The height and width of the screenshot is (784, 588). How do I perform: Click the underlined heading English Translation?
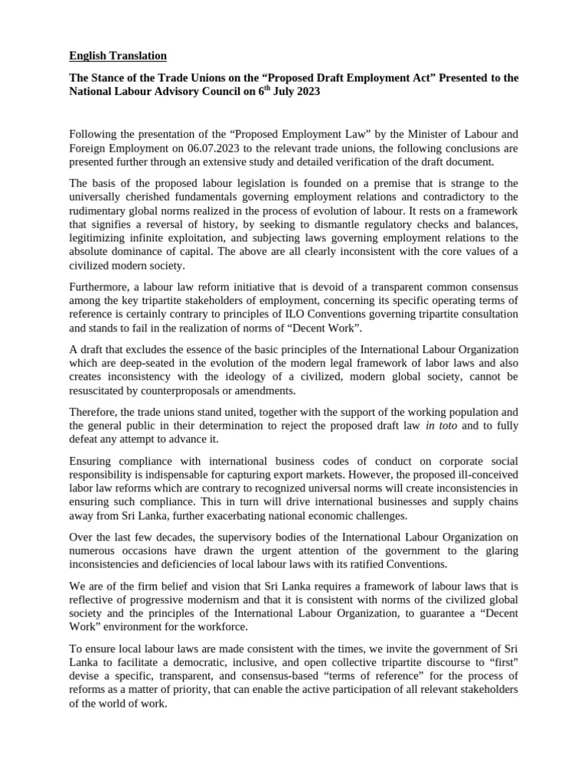coord(118,56)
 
